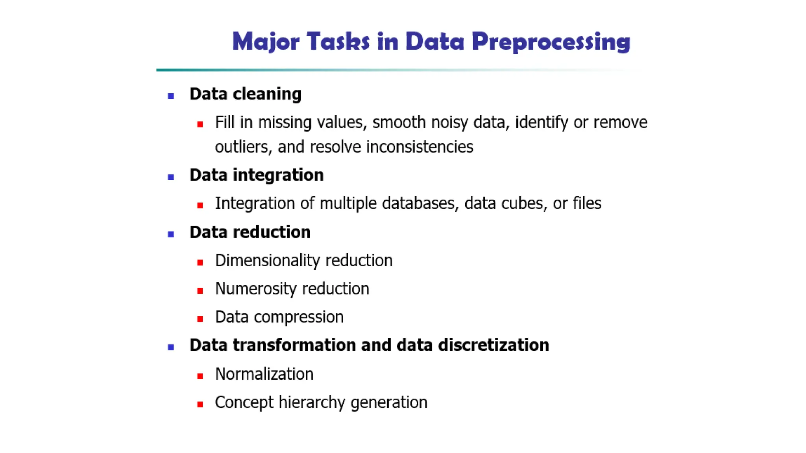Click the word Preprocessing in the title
tap(551, 42)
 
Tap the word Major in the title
tap(266, 42)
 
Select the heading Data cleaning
tap(245, 94)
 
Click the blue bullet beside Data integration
tap(171, 177)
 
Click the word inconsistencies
tap(420, 147)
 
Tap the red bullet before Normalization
tap(200, 376)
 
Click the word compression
tap(299, 317)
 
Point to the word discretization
tap(494, 345)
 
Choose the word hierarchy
tap(312, 403)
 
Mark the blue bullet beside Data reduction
tap(171, 234)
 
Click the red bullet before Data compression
tap(200, 319)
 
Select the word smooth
tap(399, 122)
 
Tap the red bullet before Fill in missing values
tap(200, 125)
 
